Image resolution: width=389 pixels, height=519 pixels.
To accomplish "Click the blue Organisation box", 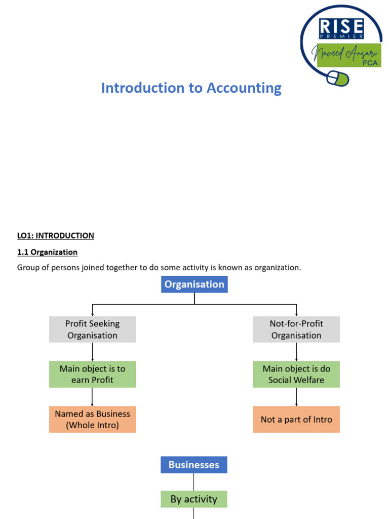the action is coord(194,284).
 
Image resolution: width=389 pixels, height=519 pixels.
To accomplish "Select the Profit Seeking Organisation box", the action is coord(93,329).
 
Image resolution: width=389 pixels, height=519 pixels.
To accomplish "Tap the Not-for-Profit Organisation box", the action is coord(296,329).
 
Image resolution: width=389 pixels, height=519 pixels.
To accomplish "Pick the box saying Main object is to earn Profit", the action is coord(93,374).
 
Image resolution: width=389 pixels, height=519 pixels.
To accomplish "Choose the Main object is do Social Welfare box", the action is coord(296,374).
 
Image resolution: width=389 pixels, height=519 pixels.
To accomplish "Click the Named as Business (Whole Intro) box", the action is coord(93,419).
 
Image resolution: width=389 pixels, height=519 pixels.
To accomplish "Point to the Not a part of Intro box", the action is coord(296,419).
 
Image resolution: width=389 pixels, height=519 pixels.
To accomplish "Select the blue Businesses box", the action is coord(194,465).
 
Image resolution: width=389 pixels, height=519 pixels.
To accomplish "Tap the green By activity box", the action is coord(194,499).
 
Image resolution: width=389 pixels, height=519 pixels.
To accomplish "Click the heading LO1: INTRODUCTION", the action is coord(56,236).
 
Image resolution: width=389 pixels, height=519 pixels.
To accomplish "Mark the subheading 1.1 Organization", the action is coord(47,252).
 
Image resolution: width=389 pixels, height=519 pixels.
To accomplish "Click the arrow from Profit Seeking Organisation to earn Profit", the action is coord(93,351).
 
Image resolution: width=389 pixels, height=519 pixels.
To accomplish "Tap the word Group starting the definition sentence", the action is coord(28,267).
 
